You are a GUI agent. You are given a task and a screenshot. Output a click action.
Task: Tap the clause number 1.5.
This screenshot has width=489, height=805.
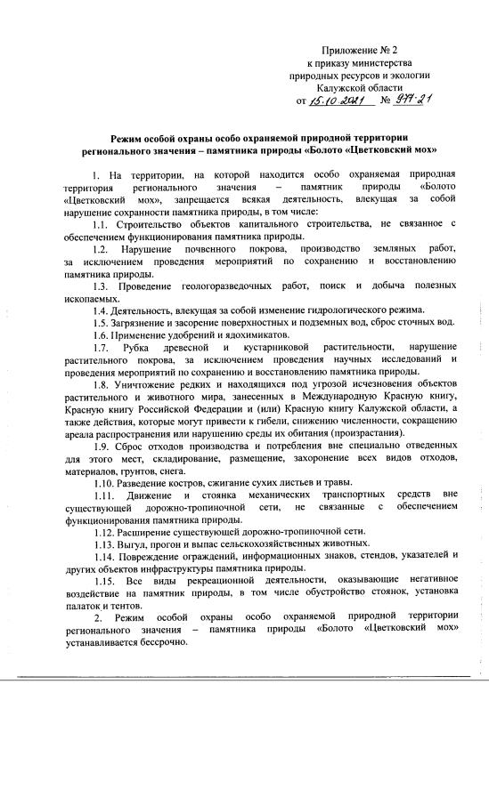coord(100,321)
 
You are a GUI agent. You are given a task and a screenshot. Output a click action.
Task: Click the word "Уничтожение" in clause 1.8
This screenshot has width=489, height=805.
coord(158,382)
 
